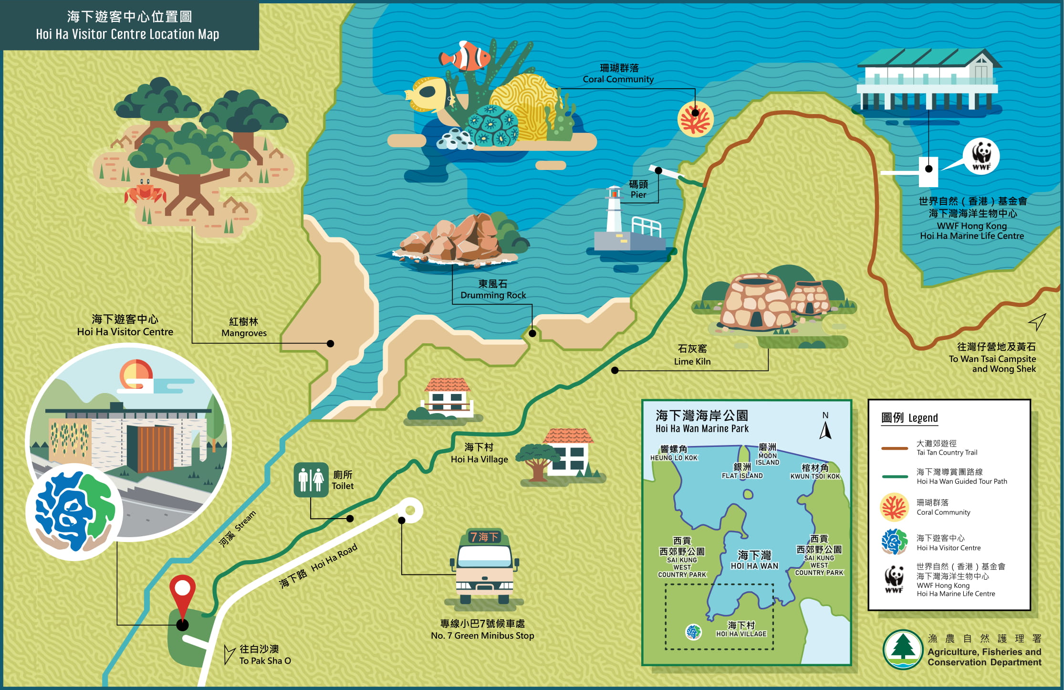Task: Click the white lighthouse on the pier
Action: (614, 210)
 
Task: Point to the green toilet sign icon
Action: (311, 479)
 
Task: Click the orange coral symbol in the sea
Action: (695, 119)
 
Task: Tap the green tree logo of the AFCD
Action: (902, 649)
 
